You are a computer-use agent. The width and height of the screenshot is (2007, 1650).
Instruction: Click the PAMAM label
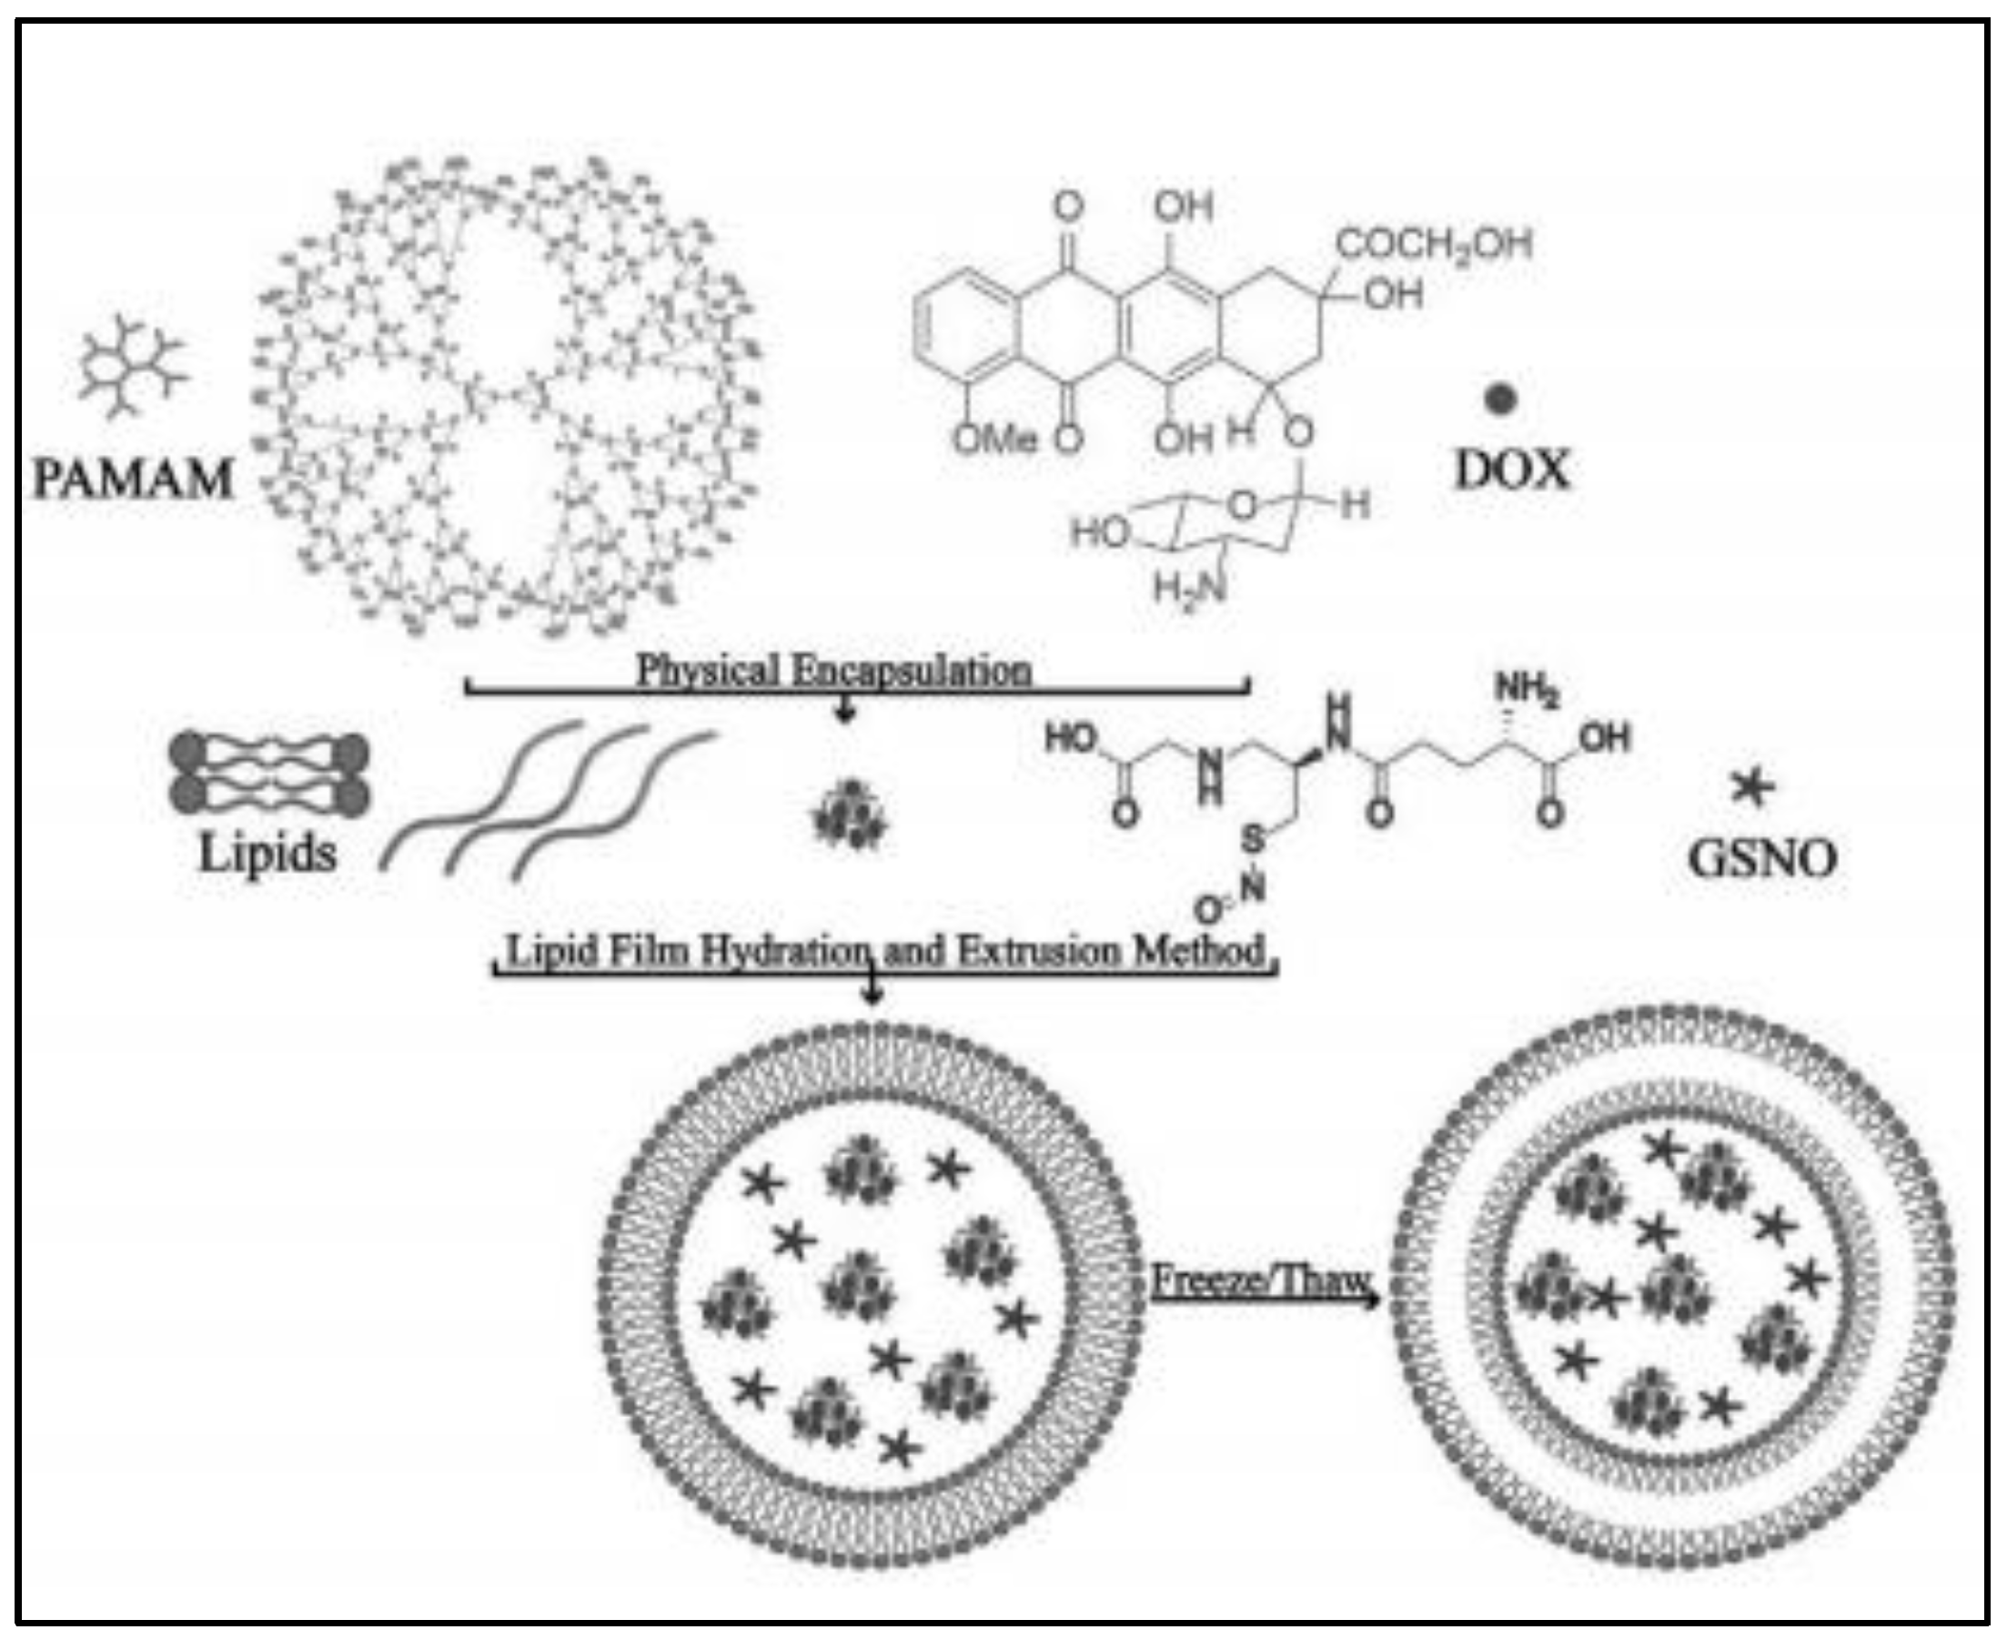coord(133,478)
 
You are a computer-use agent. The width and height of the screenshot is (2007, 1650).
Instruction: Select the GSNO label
coord(1762,858)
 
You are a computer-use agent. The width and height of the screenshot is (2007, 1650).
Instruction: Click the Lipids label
coord(267,853)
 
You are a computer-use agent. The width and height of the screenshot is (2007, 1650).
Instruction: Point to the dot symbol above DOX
coord(1500,400)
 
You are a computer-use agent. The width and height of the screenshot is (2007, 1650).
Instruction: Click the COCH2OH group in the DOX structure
coord(1434,244)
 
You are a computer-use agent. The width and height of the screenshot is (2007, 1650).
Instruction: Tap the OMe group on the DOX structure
coord(995,439)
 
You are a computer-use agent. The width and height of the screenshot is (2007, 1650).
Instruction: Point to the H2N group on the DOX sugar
coord(1189,588)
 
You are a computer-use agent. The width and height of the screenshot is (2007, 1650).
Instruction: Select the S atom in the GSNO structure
coord(1255,838)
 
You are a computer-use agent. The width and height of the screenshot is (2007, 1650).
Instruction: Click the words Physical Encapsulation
coord(833,671)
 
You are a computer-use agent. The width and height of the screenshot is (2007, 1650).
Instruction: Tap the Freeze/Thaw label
coord(1259,1281)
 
